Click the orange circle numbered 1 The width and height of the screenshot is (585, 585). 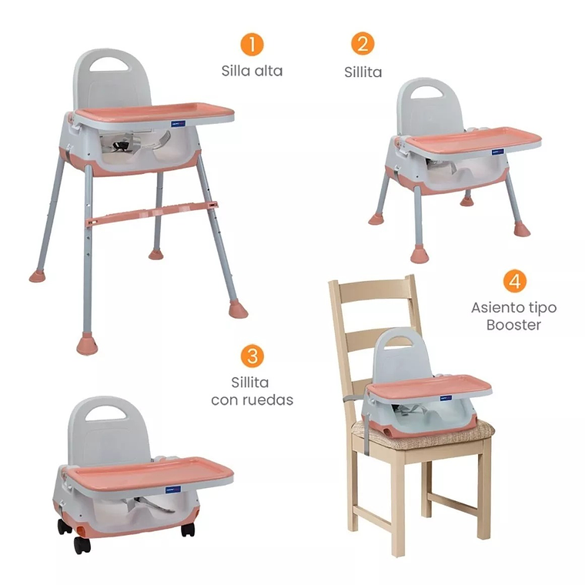pos(252,44)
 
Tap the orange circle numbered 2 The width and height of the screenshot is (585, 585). pos(363,44)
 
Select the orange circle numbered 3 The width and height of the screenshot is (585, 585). pos(252,356)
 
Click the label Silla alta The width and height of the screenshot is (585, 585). pos(252,71)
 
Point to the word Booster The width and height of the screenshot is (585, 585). pos(514,325)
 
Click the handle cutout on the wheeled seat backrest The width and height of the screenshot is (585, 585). pos(105,412)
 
